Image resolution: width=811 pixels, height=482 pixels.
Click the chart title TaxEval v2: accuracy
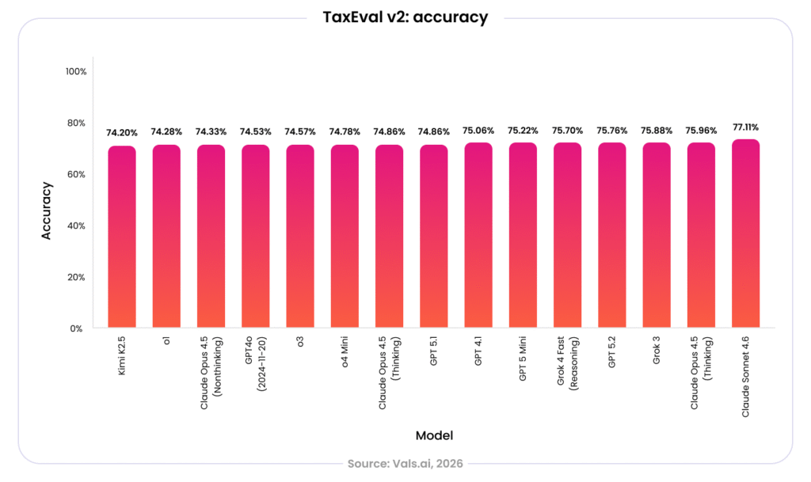pyautogui.click(x=405, y=17)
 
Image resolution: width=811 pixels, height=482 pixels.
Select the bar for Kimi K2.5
pyautogui.click(x=122, y=237)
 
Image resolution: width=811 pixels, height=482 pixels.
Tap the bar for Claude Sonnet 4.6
pyautogui.click(x=746, y=233)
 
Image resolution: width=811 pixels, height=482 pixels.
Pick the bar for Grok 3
pyautogui.click(x=657, y=235)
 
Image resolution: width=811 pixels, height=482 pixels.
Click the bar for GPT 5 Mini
pyautogui.click(x=523, y=235)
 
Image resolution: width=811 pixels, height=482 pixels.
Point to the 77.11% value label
pyautogui.click(x=746, y=127)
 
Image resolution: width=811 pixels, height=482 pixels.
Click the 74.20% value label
pyautogui.click(x=122, y=133)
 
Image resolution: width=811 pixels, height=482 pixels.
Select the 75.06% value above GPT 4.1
pyautogui.click(x=478, y=131)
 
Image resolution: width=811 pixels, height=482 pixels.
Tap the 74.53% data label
pyautogui.click(x=256, y=131)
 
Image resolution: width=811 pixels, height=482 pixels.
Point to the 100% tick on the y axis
pyautogui.click(x=76, y=71)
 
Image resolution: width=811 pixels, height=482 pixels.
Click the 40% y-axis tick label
pyautogui.click(x=76, y=226)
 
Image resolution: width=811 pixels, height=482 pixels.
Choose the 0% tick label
pyautogui.click(x=77, y=328)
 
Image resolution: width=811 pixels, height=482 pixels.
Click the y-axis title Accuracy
pyautogui.click(x=47, y=211)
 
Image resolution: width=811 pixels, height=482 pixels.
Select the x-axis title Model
pyautogui.click(x=435, y=435)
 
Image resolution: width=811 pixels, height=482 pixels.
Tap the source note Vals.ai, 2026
pyautogui.click(x=405, y=464)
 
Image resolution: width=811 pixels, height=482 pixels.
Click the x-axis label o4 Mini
pyautogui.click(x=345, y=352)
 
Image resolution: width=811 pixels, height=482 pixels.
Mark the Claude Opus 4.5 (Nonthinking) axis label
pyautogui.click(x=211, y=373)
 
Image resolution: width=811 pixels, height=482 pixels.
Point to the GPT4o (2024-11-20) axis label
pyautogui.click(x=256, y=364)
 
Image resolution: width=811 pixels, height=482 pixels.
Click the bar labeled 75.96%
pyautogui.click(x=702, y=235)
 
